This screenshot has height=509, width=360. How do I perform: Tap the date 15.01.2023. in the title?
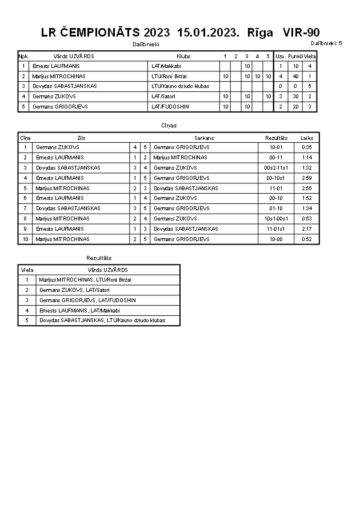click(209, 33)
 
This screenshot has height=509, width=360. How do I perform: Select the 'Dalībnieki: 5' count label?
click(326, 43)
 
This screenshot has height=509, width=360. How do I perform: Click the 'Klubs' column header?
click(183, 57)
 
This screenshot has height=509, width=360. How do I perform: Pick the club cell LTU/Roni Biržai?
click(169, 76)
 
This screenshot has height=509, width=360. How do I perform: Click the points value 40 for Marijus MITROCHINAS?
click(295, 76)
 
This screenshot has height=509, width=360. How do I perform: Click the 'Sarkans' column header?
click(204, 138)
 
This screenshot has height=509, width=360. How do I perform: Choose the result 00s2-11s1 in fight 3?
click(277, 168)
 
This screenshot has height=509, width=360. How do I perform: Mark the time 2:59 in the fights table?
click(307, 178)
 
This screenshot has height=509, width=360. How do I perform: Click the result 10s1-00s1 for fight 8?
click(277, 219)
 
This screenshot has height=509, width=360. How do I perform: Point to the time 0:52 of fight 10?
click(307, 239)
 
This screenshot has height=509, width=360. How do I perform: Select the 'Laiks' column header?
click(307, 138)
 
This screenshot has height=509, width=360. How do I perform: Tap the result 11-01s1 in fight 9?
click(277, 229)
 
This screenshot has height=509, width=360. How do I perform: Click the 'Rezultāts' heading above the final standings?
click(99, 258)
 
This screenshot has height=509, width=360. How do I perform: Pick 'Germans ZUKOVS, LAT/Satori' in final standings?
click(74, 290)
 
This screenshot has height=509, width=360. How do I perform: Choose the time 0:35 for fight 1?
click(307, 147)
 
